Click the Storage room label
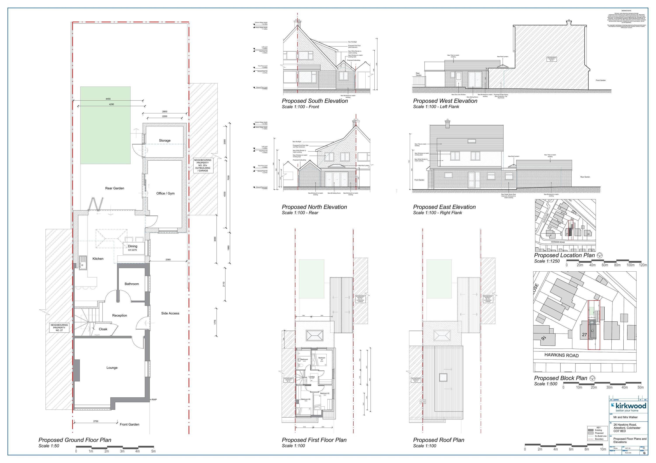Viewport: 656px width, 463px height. point(165,140)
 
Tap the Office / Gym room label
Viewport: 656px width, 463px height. point(165,193)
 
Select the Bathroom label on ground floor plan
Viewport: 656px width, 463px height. point(131,284)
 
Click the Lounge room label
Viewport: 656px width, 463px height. point(112,368)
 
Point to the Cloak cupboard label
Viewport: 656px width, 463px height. point(103,329)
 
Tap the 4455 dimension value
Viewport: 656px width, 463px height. point(108,99)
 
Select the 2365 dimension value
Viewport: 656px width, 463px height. point(168,260)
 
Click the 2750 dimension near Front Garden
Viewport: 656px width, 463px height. point(96,421)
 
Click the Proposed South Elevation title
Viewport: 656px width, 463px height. point(315,101)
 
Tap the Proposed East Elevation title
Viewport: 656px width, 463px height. point(444,207)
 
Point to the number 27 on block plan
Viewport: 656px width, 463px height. point(584,335)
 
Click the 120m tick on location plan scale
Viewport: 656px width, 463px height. point(643,265)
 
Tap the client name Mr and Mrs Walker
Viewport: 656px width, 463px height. point(625,417)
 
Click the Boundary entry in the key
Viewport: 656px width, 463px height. point(599,439)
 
